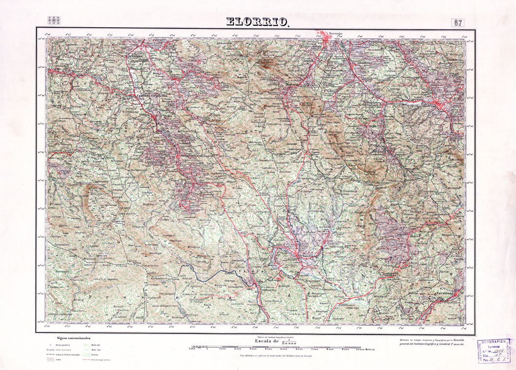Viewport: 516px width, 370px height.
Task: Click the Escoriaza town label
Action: tap(444, 293)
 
